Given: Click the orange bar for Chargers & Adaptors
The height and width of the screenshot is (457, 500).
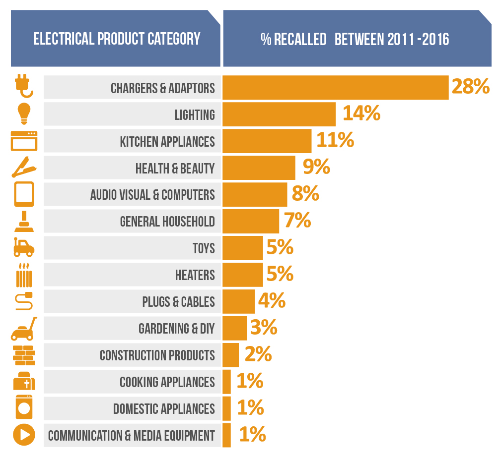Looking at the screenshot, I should point(335,88).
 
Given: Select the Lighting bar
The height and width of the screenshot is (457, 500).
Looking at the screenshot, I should point(279,114).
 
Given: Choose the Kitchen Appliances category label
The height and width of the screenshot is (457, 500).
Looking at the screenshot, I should point(167,142).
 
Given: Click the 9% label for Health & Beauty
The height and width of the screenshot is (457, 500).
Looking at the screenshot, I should point(316,167).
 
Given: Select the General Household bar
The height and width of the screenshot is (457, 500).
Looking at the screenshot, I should point(251,221).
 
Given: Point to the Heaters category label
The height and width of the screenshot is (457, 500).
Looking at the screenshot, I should point(195,275).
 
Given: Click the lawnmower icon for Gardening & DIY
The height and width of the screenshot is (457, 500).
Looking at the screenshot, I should point(24,328).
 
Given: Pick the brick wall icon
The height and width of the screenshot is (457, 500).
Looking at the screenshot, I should point(23,355).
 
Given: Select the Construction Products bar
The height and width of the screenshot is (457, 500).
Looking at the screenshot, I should point(231,355).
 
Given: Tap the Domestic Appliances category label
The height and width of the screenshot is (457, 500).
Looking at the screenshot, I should point(164,409).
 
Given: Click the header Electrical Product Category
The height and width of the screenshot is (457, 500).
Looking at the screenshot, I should point(117,39).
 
